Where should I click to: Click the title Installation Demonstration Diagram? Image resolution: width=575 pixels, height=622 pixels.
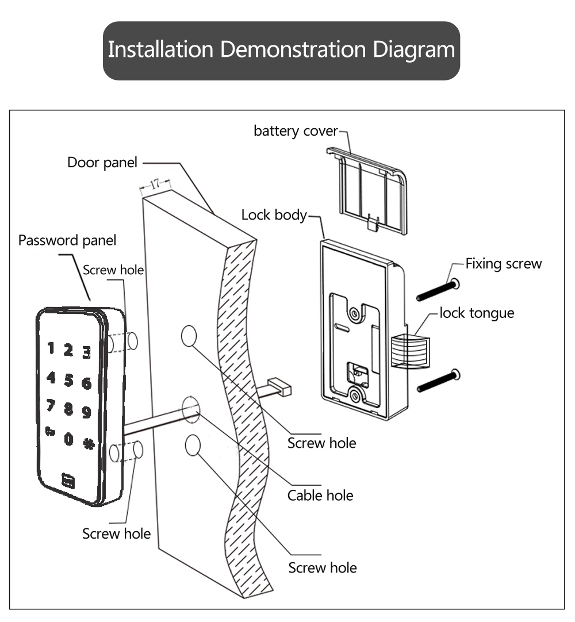point(281,50)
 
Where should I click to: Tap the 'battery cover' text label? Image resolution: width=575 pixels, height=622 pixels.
point(296,131)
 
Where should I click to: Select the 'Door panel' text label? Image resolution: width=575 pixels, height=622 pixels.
point(102,163)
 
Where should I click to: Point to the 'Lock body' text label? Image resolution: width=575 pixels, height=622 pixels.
point(274,215)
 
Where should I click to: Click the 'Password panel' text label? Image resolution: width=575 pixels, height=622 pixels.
point(67,240)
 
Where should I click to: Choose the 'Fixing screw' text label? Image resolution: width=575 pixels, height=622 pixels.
point(503,264)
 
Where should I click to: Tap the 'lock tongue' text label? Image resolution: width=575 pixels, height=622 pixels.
point(477,313)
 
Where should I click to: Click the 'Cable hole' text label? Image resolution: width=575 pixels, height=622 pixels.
point(320,495)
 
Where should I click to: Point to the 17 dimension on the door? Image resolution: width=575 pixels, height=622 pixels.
point(155,184)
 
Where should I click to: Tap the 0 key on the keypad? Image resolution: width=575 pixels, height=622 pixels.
point(68,439)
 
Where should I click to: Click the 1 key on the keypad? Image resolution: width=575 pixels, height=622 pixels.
point(51,347)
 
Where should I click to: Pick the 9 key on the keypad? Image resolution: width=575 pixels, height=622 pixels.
point(86,412)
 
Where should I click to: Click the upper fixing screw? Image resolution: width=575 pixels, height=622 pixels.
point(438,290)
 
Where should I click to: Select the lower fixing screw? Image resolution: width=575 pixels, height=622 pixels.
point(438,381)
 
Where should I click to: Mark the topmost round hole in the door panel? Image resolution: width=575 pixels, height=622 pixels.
point(189,336)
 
